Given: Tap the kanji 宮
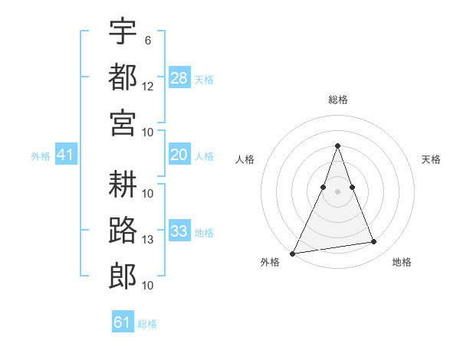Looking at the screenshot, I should [123, 123].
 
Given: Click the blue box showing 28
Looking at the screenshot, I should [179, 77].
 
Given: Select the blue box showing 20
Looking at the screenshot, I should [179, 155].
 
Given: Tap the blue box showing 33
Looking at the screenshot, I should [179, 231].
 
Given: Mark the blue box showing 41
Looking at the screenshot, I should [65, 155].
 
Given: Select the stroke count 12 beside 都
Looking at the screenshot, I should [148, 87].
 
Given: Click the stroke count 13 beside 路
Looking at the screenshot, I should [148, 240].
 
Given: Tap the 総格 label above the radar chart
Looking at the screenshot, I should [337, 100].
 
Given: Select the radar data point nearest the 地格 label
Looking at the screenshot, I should [374, 242].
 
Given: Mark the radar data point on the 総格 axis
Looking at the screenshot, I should [337, 146].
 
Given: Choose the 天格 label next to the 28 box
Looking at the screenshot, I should [204, 79].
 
